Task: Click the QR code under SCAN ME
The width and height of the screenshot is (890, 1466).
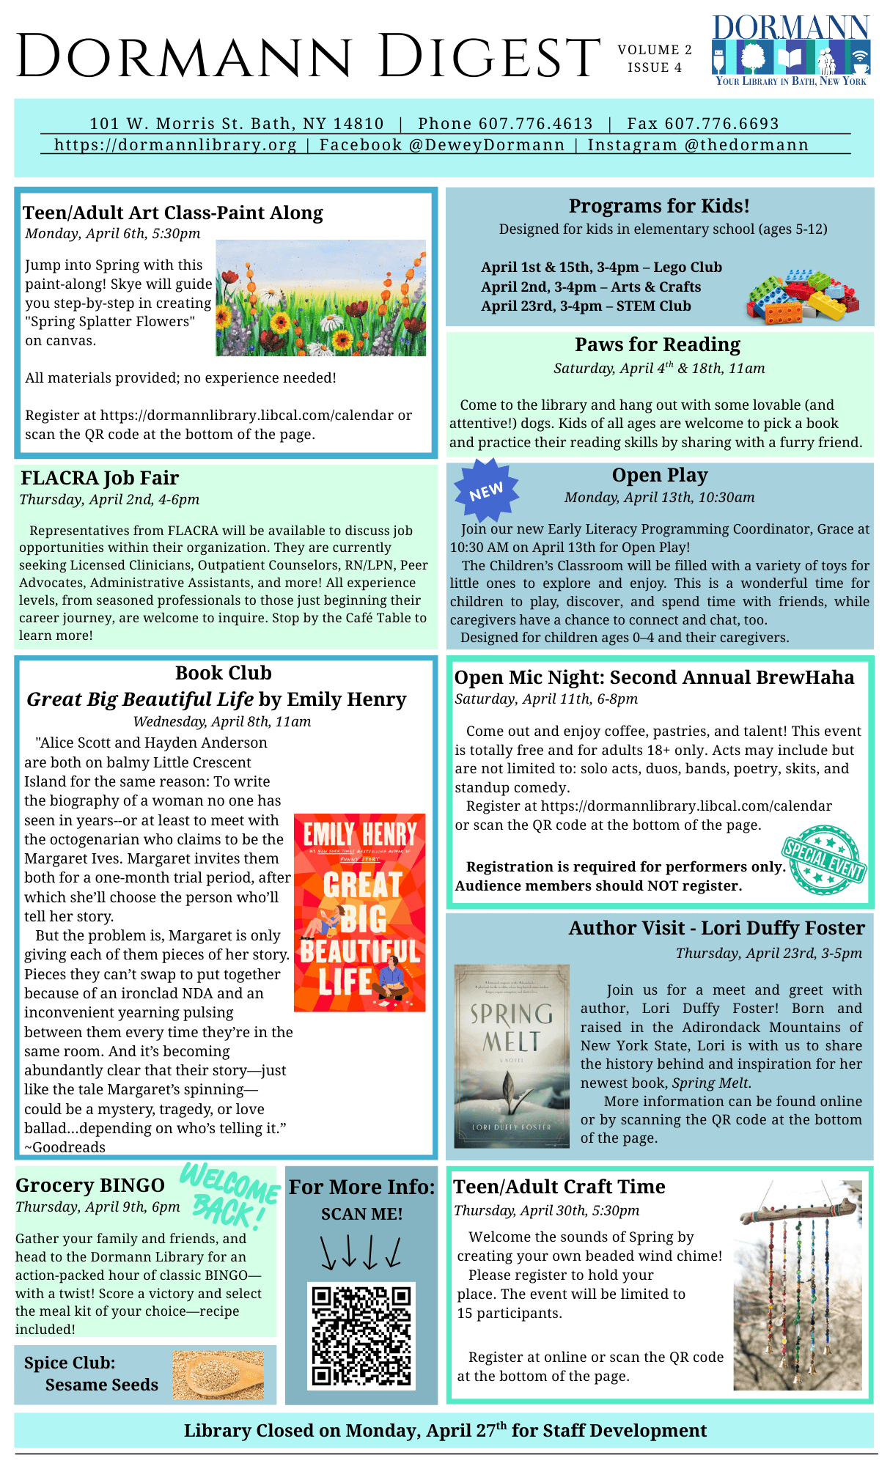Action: point(361,1336)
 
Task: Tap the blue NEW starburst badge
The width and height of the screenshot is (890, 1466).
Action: point(486,491)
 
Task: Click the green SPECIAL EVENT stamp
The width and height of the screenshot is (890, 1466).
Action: point(824,859)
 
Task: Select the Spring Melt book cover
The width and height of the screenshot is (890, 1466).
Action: point(512,1056)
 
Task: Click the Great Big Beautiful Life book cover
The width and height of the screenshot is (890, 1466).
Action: point(359,913)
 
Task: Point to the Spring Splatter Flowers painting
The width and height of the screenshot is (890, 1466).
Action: point(320,298)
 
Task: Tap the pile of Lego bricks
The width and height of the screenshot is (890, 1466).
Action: point(803,296)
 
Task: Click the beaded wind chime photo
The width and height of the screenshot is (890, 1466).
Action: point(798,1285)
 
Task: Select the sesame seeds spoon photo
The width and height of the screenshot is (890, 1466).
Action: point(218,1374)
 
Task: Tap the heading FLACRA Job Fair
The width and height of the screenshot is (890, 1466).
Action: point(100,478)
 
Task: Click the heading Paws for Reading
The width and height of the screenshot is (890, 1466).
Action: point(658,345)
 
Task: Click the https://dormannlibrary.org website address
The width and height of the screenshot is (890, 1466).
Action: point(175,144)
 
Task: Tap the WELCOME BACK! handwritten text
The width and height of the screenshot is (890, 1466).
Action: point(229,1194)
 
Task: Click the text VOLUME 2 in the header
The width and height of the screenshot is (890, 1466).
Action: point(655,50)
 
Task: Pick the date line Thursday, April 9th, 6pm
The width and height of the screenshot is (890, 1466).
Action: point(98,1207)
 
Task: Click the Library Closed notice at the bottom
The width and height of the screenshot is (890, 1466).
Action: point(445,1430)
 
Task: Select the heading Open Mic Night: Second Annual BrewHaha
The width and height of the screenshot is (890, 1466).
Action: point(654,677)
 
